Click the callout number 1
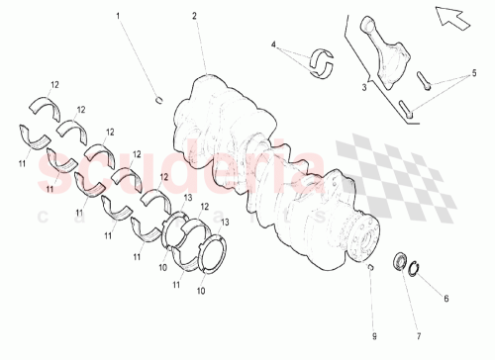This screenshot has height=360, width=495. tap(119, 17)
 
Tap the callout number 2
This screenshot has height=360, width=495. tap(195, 16)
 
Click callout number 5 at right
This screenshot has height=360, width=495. tap(473, 72)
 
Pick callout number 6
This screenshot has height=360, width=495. tap(445, 297)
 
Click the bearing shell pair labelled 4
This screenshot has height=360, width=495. tap(324, 61)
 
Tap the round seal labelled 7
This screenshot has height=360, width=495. tap(401, 262)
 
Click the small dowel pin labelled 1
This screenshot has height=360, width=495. tap(158, 97)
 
